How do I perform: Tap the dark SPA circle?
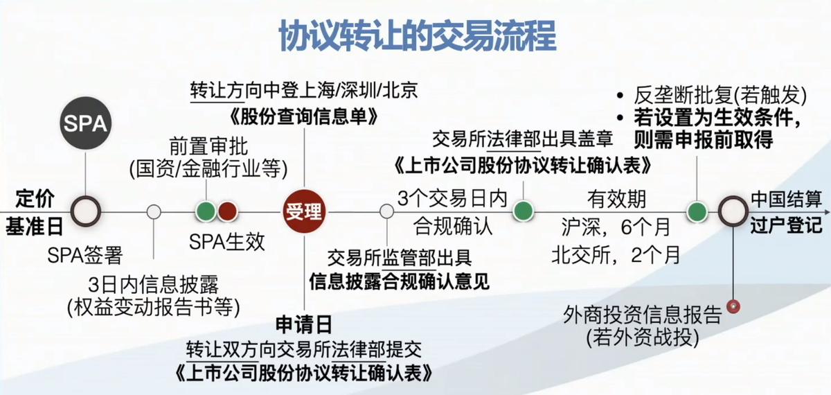click(85, 124)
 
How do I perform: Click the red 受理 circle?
click(305, 211)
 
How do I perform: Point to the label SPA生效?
click(226, 243)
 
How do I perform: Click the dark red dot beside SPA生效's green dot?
click(227, 211)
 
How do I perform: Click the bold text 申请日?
click(305, 324)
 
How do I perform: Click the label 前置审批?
click(208, 148)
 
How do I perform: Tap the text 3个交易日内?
click(453, 199)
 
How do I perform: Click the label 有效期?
click(616, 200)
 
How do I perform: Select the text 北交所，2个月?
click(616, 255)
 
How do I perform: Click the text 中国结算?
click(787, 200)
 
